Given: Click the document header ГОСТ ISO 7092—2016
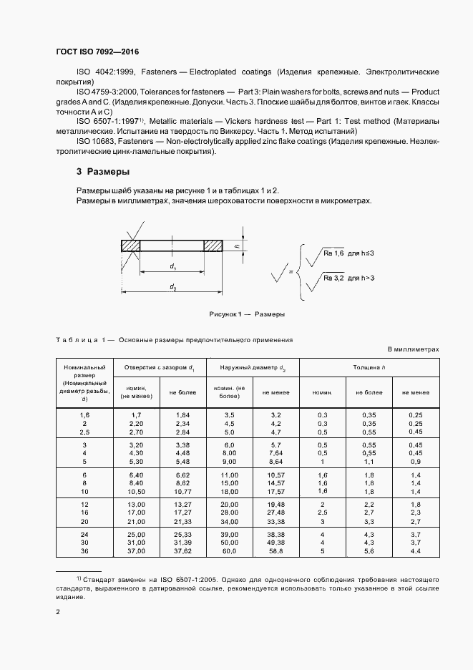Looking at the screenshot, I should (97, 53).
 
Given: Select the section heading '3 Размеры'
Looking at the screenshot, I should (103, 172).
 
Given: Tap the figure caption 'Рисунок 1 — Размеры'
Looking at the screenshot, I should (247, 314).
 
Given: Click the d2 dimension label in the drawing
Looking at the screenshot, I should (173, 286).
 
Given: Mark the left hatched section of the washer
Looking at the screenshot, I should (130, 246).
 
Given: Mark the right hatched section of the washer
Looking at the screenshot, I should (214, 246).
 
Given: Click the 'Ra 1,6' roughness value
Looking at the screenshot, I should (335, 253).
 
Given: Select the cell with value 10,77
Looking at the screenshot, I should (182, 492).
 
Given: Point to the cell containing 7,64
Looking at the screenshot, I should (275, 452).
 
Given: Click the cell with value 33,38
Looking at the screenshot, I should (275, 522).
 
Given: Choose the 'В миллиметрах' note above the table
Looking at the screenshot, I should (413, 349).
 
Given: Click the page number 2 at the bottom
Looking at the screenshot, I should (58, 612).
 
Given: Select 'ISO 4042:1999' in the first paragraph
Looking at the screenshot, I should (104, 72).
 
